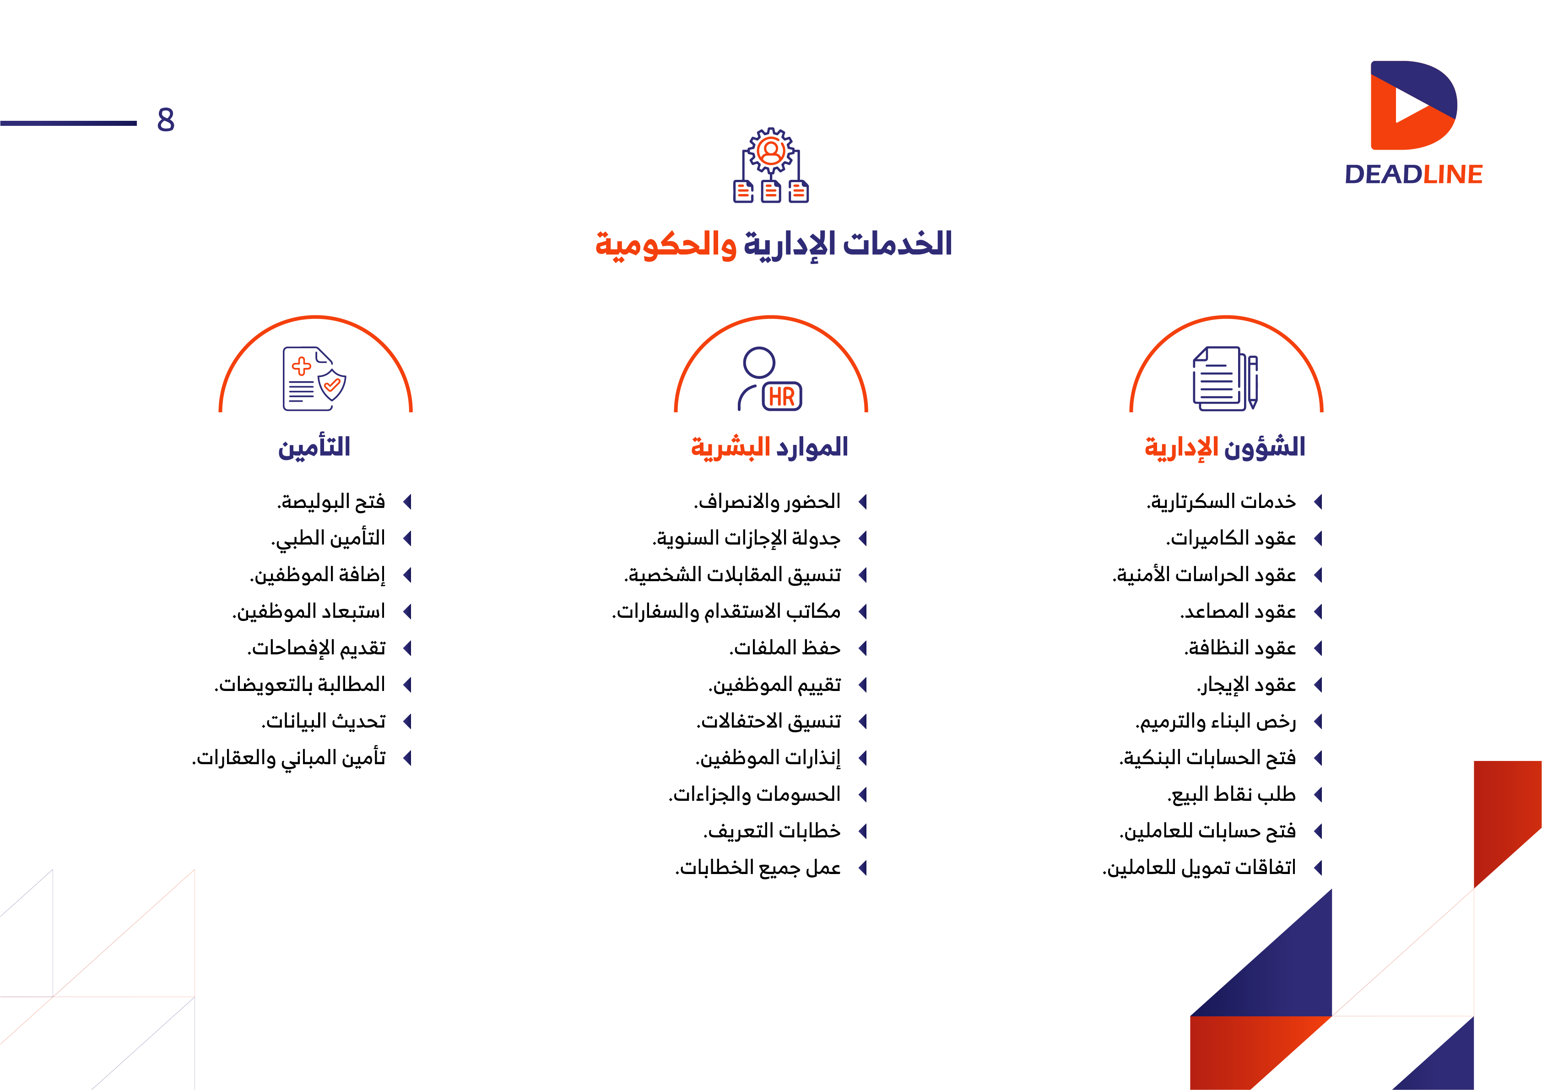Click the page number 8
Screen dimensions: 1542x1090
(x=166, y=120)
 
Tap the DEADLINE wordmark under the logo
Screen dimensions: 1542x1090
(x=1413, y=175)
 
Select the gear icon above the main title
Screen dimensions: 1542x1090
(x=771, y=151)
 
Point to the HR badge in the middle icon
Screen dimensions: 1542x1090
(x=782, y=396)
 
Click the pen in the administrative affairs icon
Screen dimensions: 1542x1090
(x=1253, y=382)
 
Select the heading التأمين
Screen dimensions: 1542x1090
(x=314, y=447)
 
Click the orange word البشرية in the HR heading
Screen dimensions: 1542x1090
(x=730, y=447)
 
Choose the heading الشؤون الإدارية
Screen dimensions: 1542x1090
(x=1225, y=447)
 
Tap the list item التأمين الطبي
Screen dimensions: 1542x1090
(x=329, y=539)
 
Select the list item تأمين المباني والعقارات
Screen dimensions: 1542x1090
(x=289, y=758)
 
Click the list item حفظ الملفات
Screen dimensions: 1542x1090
(x=785, y=648)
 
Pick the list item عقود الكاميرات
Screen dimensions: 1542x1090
(x=1231, y=539)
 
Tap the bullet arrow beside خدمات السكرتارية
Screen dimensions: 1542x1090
(x=1318, y=502)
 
